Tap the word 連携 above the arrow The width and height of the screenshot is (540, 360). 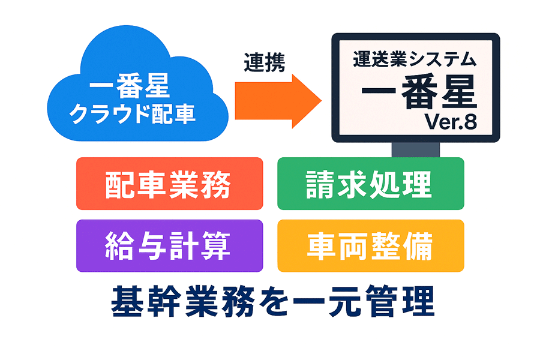point(265,62)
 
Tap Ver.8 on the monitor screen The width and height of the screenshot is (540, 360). point(449,122)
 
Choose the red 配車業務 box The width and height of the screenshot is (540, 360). point(169,184)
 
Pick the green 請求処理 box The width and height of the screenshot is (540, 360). point(370,184)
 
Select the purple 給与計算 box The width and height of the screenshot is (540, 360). point(169,246)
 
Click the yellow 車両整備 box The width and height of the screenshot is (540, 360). point(370,246)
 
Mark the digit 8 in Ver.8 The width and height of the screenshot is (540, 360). point(469,122)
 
